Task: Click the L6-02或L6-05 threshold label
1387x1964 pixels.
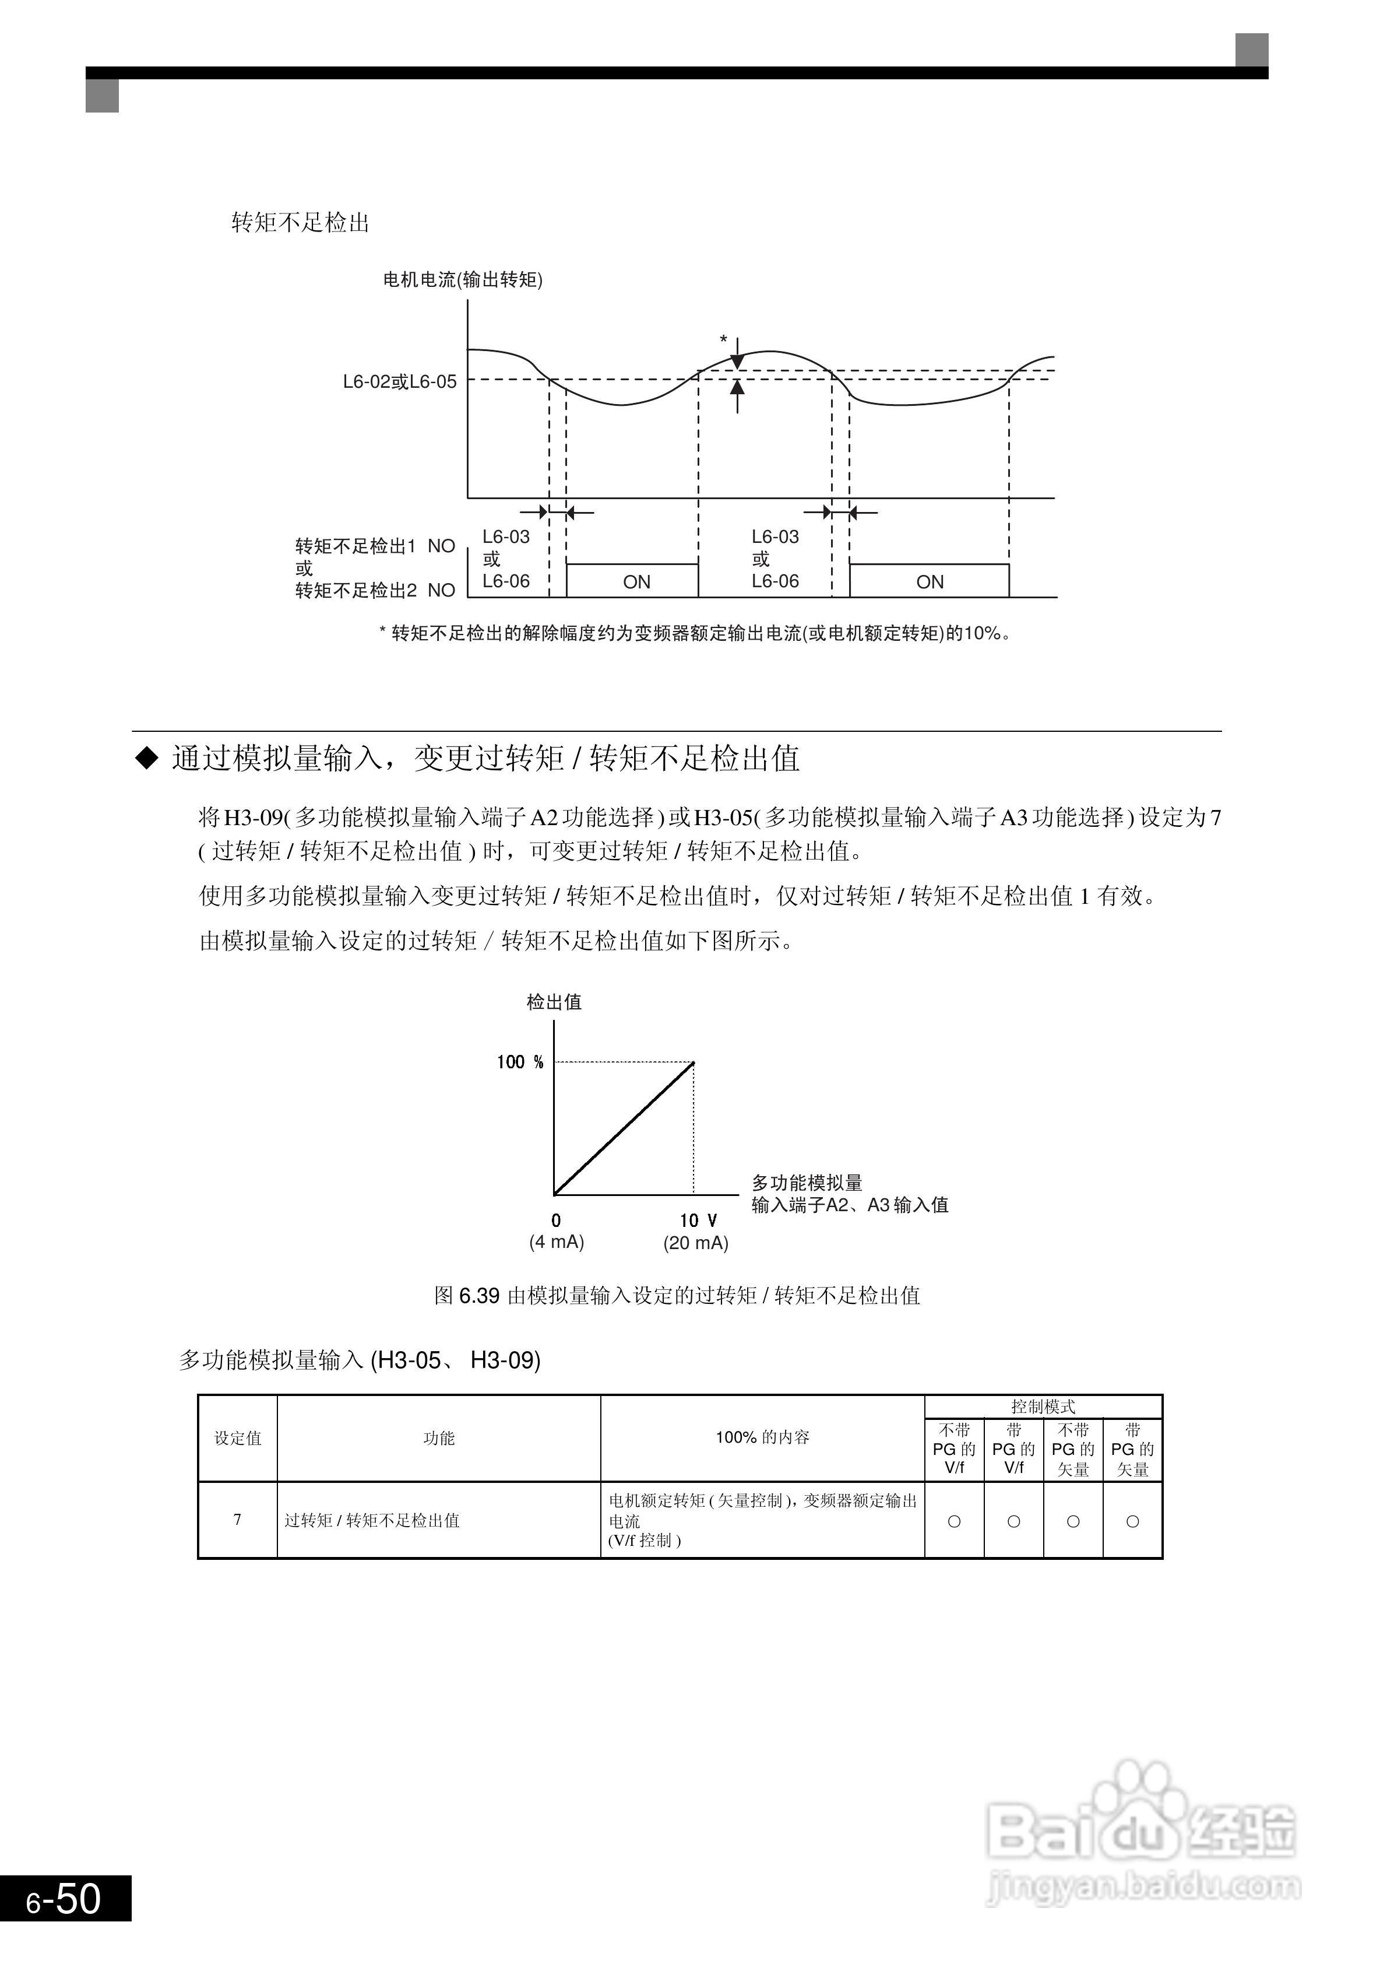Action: (399, 381)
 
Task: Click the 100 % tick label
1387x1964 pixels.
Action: (520, 1062)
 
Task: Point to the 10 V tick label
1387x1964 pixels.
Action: (698, 1221)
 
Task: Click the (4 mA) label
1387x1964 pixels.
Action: (557, 1242)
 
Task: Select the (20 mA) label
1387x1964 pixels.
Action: (696, 1243)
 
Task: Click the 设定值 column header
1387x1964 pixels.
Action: (238, 1439)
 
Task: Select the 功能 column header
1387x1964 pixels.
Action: (439, 1439)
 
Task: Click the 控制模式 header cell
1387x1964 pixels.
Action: (1043, 1407)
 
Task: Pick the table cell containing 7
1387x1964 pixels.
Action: (238, 1520)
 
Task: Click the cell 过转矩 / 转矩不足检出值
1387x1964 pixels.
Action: (372, 1521)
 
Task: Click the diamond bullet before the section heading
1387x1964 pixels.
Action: (148, 758)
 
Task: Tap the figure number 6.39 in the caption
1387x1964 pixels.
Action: (480, 1296)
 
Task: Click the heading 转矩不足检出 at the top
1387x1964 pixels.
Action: (300, 223)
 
